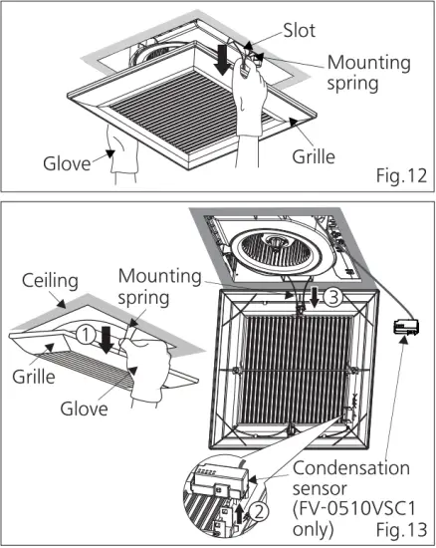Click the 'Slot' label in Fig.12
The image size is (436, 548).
pos(300,29)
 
